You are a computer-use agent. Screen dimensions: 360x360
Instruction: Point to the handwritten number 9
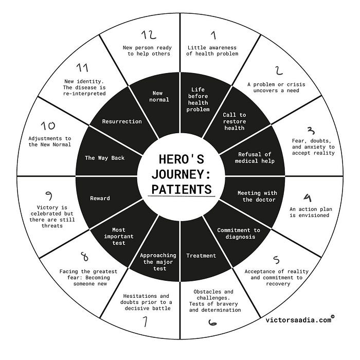[x=49, y=195]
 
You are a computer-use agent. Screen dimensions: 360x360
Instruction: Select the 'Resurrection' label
[x=122, y=121]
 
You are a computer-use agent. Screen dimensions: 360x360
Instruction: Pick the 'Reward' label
[x=100, y=198]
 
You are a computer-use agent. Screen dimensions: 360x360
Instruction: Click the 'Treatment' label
[x=201, y=256]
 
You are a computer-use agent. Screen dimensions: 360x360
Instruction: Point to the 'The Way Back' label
[x=104, y=158]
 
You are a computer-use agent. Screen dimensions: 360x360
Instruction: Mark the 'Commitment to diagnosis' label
[x=239, y=233]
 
